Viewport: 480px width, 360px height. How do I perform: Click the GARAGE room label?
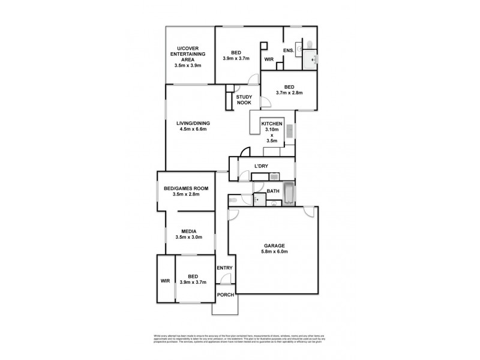click(277, 245)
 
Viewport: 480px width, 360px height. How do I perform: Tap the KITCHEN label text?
click(271, 124)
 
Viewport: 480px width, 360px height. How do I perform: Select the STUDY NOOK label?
click(244, 100)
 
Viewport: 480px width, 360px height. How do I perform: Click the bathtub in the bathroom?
click(289, 193)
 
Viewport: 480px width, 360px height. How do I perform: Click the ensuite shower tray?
click(310, 59)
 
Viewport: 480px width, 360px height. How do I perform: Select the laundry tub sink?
click(274, 176)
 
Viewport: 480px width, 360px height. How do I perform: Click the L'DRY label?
click(262, 166)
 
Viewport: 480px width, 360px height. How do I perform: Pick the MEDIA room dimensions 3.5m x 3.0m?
click(189, 238)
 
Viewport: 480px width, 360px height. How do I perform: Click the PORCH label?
click(225, 294)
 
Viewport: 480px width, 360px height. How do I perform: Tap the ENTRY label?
click(224, 268)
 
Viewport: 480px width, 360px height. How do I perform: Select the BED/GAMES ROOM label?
click(186, 188)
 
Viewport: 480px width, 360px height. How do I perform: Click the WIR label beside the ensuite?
click(269, 59)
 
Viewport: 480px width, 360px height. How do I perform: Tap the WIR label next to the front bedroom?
click(165, 280)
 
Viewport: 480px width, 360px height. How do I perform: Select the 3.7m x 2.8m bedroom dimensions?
click(289, 93)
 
